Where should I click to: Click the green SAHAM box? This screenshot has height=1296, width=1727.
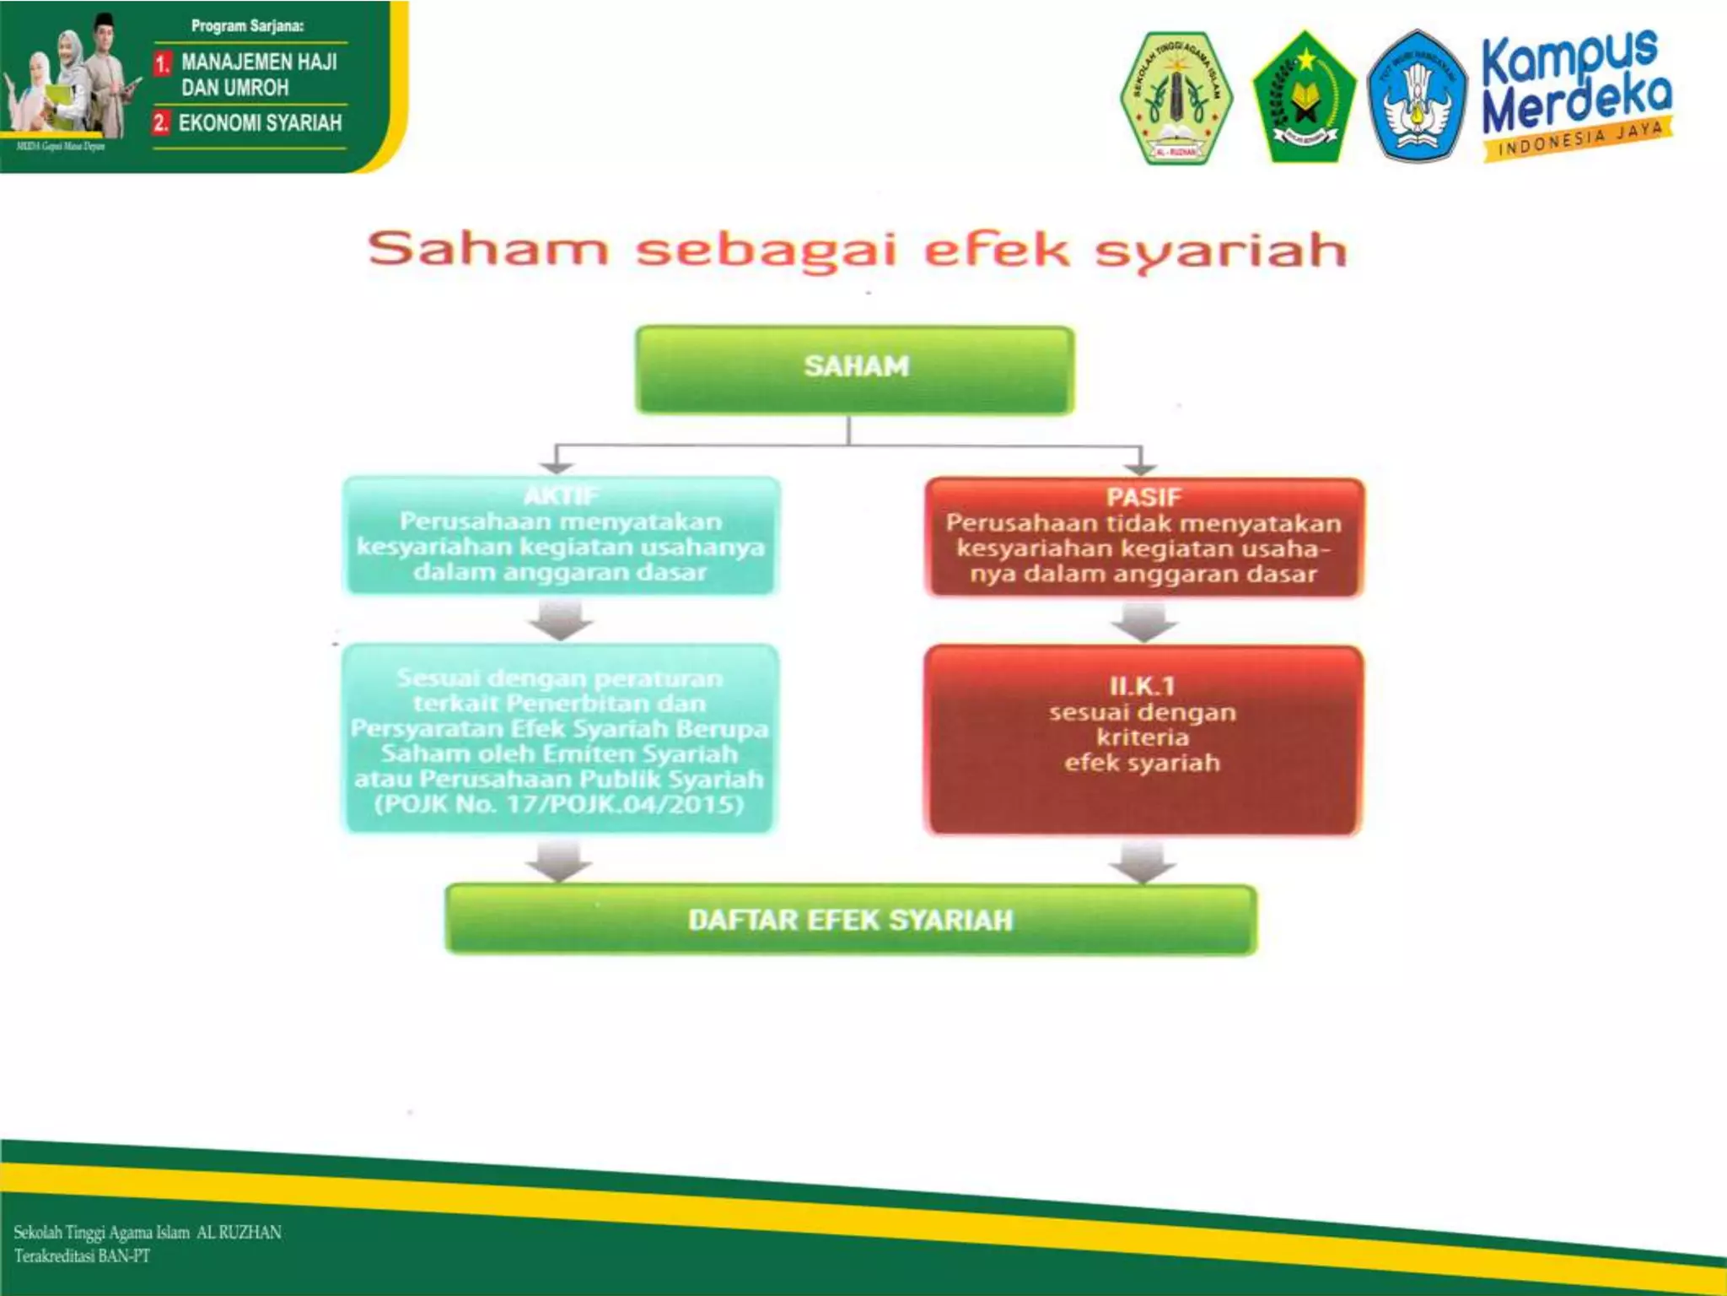854,369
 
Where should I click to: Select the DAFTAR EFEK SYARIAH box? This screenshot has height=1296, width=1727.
850,919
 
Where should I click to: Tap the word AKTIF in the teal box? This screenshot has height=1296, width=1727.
561,495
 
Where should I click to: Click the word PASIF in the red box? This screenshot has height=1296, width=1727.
1143,497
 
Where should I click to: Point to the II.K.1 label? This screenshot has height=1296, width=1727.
1142,685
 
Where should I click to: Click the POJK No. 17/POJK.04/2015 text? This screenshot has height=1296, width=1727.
559,804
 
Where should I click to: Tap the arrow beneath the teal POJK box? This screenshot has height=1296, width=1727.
559,861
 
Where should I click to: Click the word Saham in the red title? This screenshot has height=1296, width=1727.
487,250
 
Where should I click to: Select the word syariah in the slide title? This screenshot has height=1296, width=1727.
1220,251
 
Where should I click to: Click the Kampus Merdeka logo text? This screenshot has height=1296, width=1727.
1575,81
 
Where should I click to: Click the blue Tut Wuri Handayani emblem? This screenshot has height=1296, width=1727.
1418,95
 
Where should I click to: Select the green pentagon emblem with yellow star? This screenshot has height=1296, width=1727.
1304,97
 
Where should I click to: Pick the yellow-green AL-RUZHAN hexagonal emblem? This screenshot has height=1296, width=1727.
1176,97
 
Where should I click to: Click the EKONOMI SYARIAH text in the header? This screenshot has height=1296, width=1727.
260,123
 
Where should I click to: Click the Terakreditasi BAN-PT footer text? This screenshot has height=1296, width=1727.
83,1256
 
